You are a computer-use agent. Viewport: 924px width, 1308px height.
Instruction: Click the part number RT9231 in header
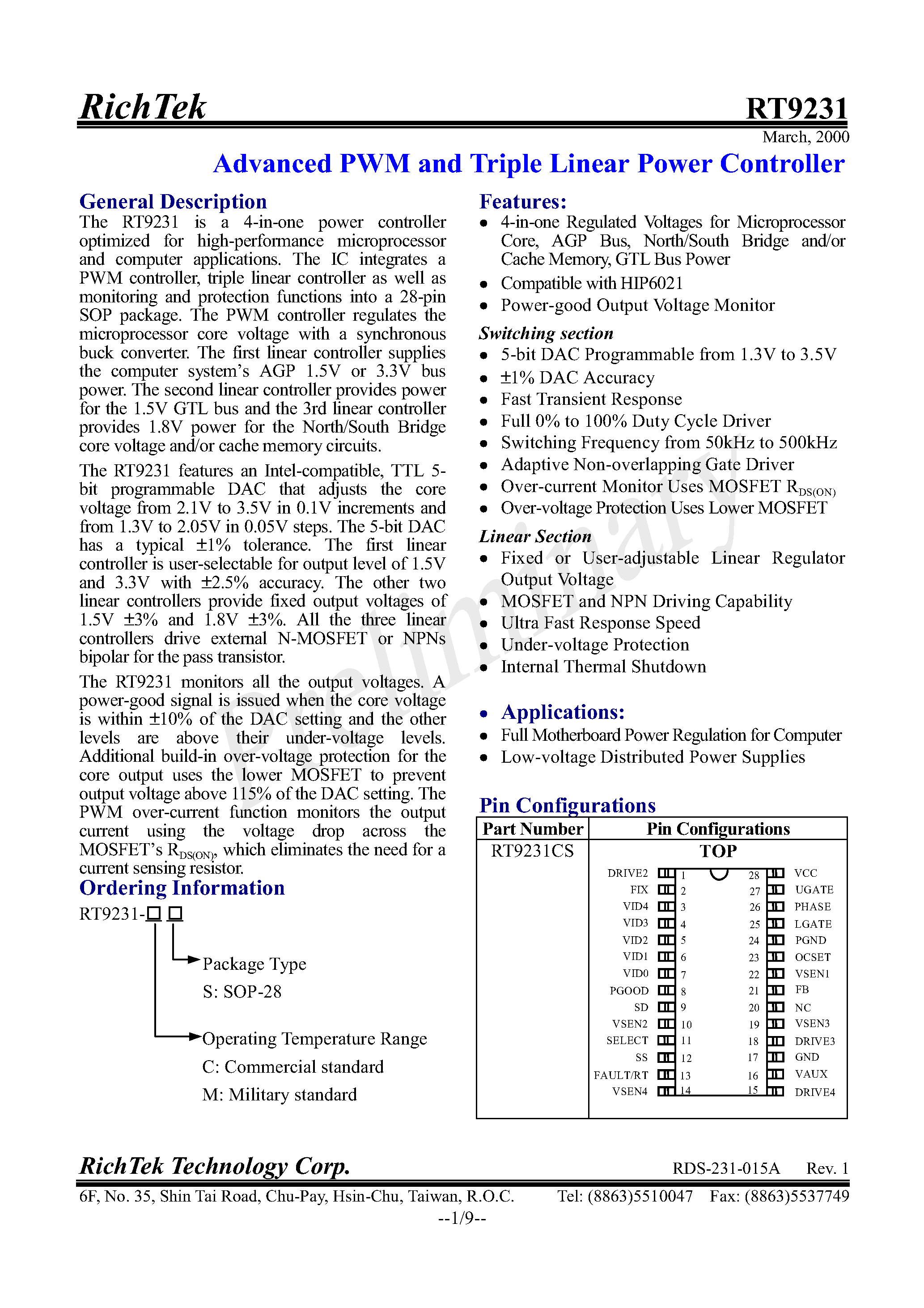[x=797, y=108]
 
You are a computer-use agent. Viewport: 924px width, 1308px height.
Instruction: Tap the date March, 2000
[x=805, y=137]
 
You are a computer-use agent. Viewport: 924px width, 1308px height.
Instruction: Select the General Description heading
[x=173, y=202]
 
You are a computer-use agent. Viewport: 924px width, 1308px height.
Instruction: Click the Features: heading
[x=522, y=202]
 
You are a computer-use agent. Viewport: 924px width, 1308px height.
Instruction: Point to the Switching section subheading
[x=546, y=333]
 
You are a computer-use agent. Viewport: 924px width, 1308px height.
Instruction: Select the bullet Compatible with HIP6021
[x=591, y=283]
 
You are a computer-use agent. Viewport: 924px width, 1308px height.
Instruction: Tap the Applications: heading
[x=562, y=712]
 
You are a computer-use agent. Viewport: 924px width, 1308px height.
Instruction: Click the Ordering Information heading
[x=182, y=888]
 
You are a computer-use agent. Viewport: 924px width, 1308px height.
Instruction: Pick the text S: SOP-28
[x=242, y=992]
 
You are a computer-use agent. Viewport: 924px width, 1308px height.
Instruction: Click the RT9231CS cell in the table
[x=532, y=851]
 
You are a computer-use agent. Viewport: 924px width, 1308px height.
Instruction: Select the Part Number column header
[x=533, y=829]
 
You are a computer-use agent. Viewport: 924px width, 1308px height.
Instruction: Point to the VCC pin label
[x=805, y=873]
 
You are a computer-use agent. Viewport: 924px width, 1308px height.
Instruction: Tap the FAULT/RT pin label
[x=620, y=1075]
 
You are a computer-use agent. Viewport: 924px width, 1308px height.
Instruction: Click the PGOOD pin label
[x=629, y=991]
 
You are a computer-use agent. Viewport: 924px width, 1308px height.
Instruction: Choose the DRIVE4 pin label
[x=814, y=1092]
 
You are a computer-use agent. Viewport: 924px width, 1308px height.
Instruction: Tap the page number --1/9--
[x=462, y=1218]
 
